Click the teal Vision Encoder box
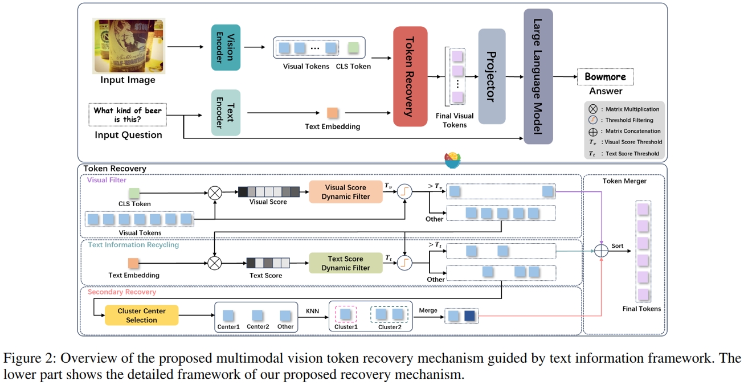click(226, 47)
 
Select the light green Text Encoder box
click(226, 112)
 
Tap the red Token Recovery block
click(410, 76)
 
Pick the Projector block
click(492, 76)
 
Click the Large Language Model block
click(538, 76)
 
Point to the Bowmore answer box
click(605, 76)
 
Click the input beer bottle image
click(129, 46)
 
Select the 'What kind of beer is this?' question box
click(128, 114)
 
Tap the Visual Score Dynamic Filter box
click(346, 192)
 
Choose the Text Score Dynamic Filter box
click(346, 263)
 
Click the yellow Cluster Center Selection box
click(141, 316)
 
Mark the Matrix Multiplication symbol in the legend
click(593, 109)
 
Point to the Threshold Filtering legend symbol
click(593, 120)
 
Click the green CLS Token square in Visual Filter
click(134, 193)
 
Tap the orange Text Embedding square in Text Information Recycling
click(133, 263)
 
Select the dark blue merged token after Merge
click(469, 316)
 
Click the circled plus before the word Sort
click(602, 251)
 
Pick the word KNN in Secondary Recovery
click(313, 311)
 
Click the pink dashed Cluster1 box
click(345, 316)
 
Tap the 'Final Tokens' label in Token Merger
click(641, 309)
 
